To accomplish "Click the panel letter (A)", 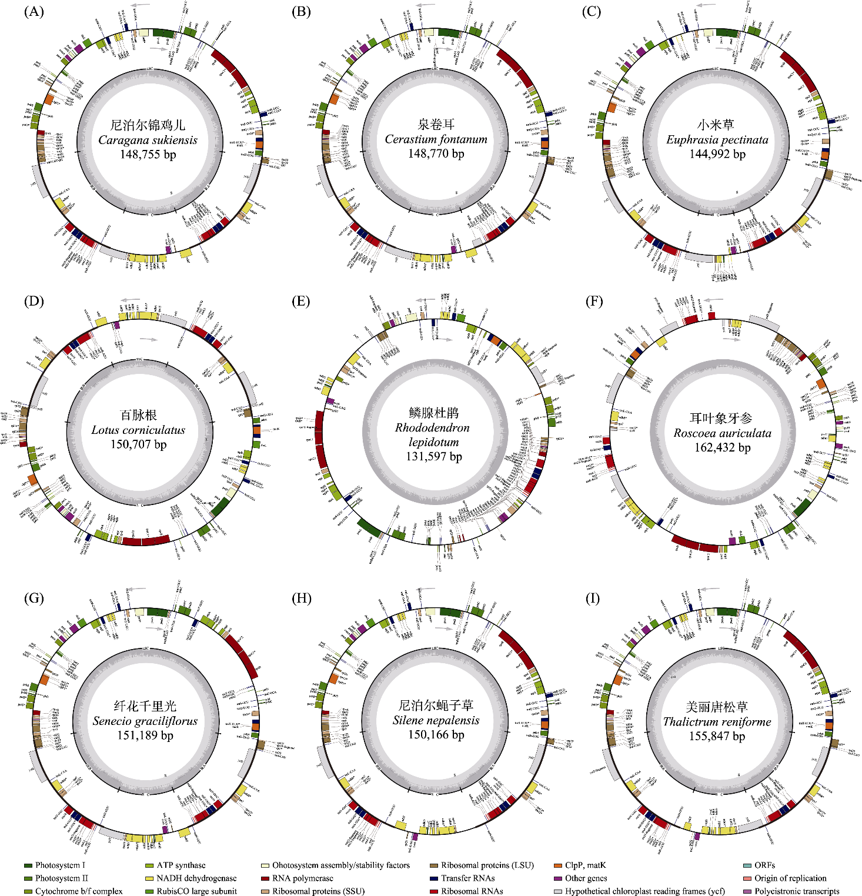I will click(34, 11).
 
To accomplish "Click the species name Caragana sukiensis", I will click(148, 140).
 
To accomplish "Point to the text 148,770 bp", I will click(436, 153).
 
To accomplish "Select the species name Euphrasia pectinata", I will click(717, 140).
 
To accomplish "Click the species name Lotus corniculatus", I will click(138, 430).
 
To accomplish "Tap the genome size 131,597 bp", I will click(434, 456).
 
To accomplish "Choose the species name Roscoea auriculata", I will click(722, 433).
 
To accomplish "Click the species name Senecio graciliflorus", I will click(145, 721).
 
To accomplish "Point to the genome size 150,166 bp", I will click(436, 734).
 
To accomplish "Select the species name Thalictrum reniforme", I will click(717, 721).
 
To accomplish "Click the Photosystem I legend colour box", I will click(28, 865).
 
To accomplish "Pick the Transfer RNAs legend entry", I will click(467, 878).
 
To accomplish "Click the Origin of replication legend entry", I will click(790, 878).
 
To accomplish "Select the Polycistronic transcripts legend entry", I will click(797, 891).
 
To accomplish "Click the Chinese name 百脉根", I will click(138, 415).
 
